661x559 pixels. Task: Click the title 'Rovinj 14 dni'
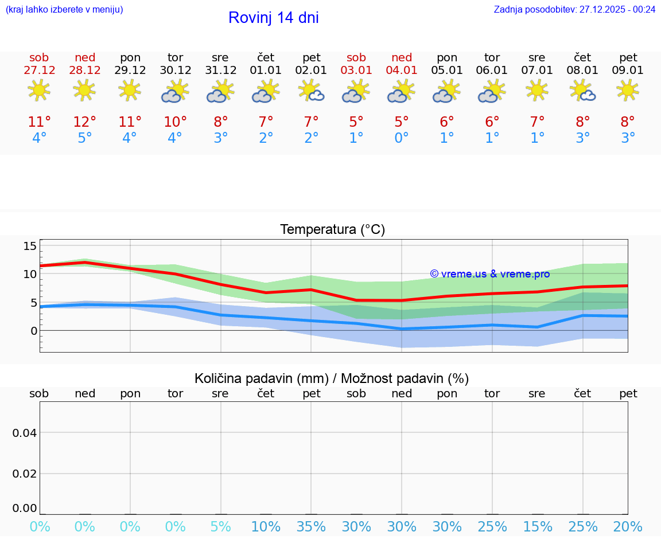273,18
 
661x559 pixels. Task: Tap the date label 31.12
220,71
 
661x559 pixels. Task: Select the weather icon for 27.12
39,91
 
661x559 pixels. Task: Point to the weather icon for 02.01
312,91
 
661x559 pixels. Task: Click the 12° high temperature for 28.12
84,122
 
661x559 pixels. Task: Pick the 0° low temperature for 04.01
402,138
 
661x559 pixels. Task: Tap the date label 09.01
628,71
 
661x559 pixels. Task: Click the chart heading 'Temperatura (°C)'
332,230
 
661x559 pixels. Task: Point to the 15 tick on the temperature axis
30,246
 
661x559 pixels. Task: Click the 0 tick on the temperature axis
33,331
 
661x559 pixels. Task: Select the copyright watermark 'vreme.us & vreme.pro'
490,274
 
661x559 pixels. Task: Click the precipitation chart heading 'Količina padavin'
332,378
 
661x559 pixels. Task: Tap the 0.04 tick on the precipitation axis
25,433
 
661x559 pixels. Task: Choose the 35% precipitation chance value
312,527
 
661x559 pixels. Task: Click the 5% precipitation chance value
220,527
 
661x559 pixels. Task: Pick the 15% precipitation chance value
538,527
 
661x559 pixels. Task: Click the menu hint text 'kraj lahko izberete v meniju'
64,9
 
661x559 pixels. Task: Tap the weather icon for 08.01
582,91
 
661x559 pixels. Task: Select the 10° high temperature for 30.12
175,122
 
